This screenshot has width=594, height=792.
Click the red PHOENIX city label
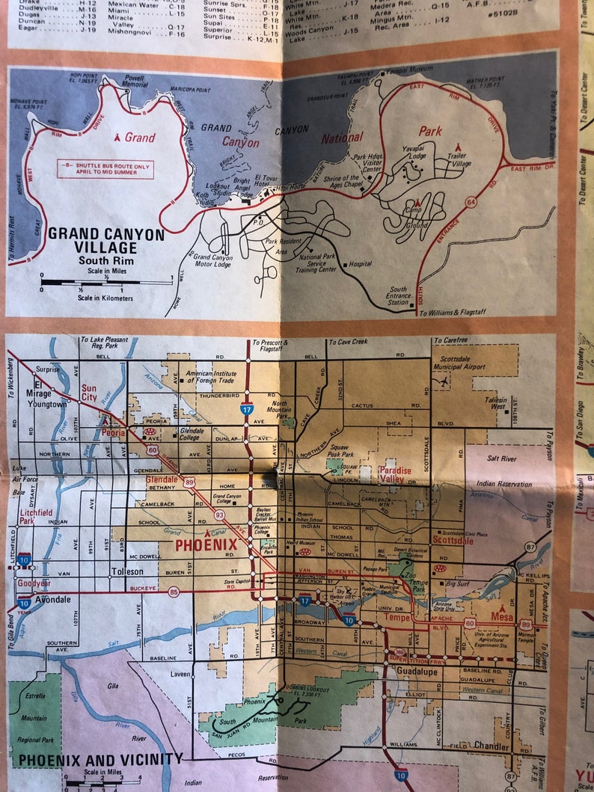pyautogui.click(x=206, y=544)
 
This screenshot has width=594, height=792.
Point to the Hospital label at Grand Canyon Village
pyautogui.click(x=360, y=264)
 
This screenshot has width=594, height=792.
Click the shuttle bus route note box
pyautogui.click(x=105, y=169)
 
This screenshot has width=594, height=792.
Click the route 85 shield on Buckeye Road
pyautogui.click(x=174, y=592)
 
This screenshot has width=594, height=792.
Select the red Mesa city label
pyautogui.click(x=502, y=617)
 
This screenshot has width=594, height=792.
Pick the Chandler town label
pyautogui.click(x=492, y=746)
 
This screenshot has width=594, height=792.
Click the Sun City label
pyautogui.click(x=89, y=393)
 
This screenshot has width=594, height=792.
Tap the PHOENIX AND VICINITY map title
pyautogui.click(x=100, y=760)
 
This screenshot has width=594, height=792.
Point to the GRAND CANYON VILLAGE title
pyautogui.click(x=105, y=241)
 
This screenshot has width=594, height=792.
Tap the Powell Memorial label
pyautogui.click(x=135, y=81)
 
